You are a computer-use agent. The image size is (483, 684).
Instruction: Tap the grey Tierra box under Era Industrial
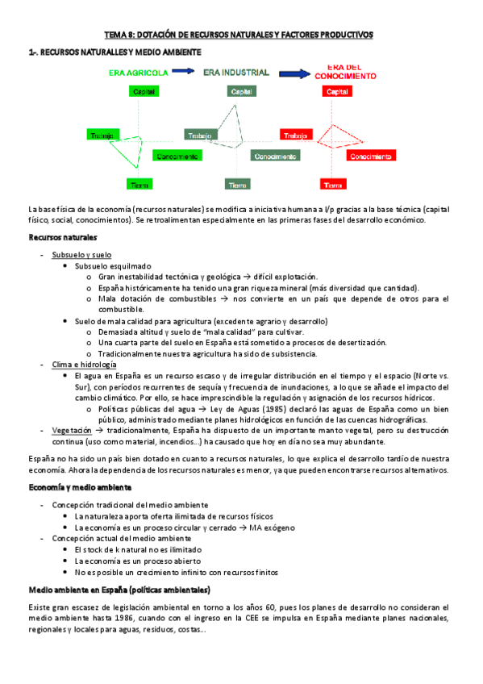pos(237,186)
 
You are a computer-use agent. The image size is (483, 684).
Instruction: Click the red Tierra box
pos(332,186)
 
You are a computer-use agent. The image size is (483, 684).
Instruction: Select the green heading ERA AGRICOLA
pos(140,73)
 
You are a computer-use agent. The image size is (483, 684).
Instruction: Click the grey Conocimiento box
pos(276,156)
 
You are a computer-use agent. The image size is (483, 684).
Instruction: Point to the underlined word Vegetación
pos(71,431)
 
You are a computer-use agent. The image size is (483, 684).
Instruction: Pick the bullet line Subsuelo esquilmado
pos(112,266)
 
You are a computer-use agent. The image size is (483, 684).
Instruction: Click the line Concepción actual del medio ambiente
pos(122,538)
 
